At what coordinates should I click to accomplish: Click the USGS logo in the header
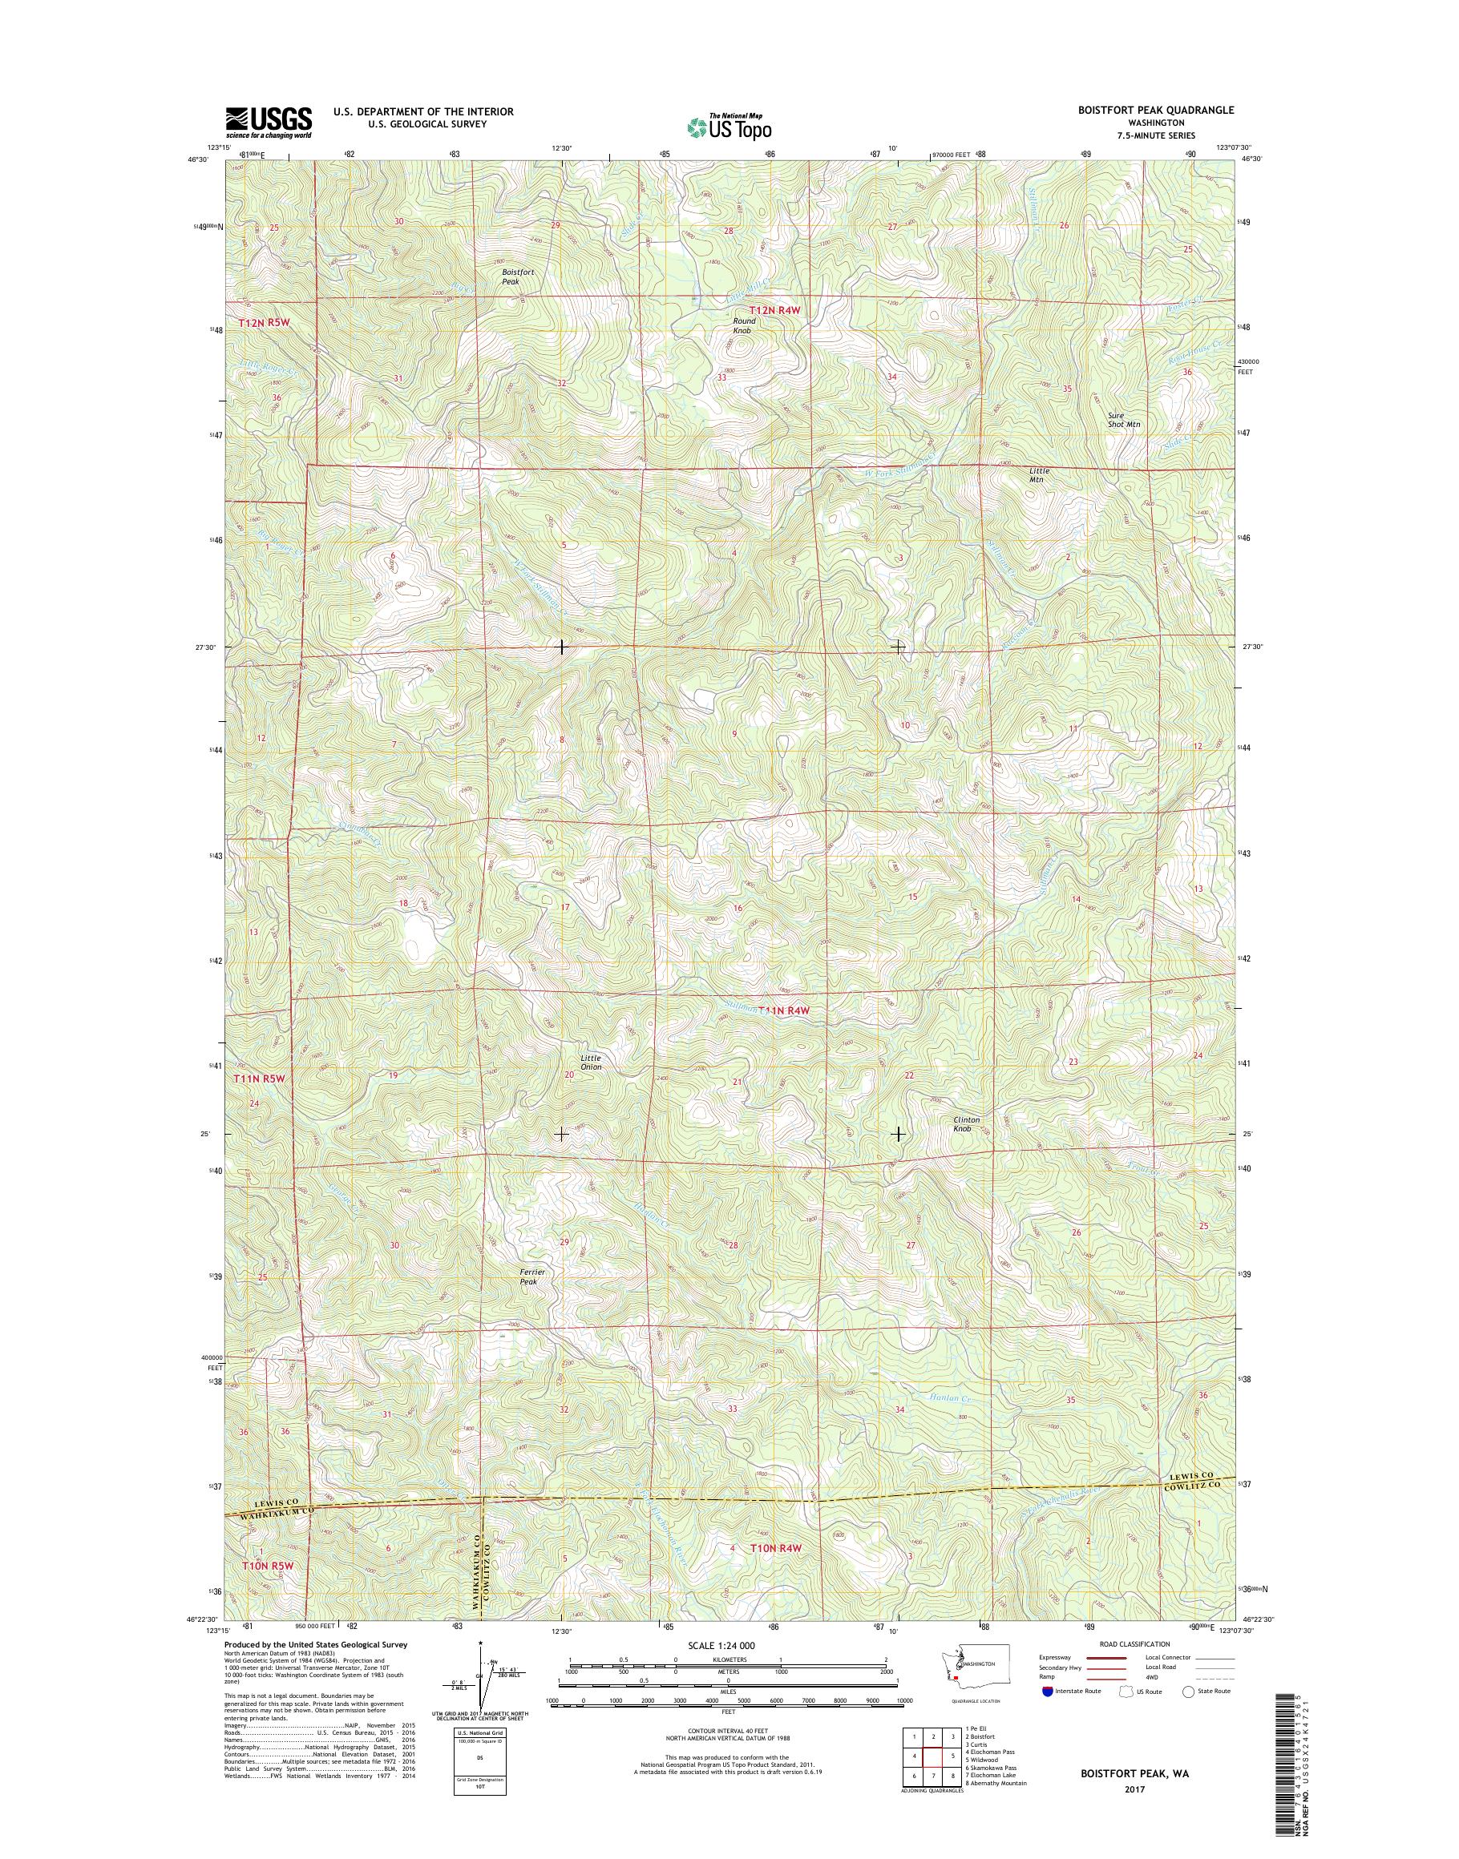click(x=269, y=122)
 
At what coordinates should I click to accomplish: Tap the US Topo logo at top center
click(x=729, y=127)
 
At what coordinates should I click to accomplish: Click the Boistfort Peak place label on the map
click(x=517, y=276)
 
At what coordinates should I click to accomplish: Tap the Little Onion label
click(x=591, y=1063)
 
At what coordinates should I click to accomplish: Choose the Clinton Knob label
click(x=966, y=1123)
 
